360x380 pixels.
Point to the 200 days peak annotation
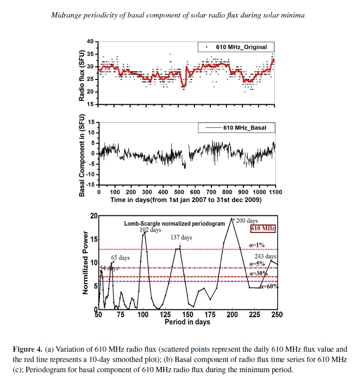pos(247,221)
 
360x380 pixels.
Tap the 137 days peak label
pos(181,237)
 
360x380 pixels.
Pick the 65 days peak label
pos(120,257)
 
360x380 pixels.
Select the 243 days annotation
pos(265,256)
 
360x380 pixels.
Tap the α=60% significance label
pos(269,286)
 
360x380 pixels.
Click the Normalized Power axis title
pos(85,262)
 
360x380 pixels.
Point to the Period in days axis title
pos(188,322)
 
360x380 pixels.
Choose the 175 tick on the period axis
pos(210,314)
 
